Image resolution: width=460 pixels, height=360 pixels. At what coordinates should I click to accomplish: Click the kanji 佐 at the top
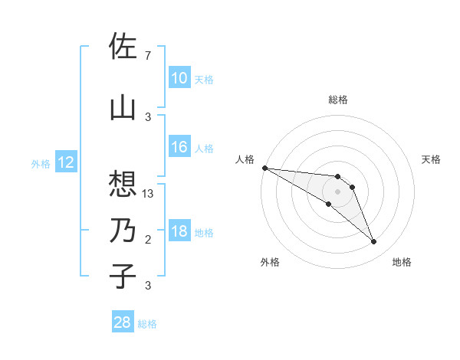click(x=123, y=46)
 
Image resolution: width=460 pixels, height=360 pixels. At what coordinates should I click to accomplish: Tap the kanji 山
click(x=123, y=108)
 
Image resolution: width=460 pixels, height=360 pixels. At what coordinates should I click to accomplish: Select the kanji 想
click(x=123, y=182)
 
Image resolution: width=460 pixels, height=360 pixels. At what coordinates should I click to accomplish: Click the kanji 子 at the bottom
click(x=123, y=276)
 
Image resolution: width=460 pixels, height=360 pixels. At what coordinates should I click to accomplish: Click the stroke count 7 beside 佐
click(x=147, y=56)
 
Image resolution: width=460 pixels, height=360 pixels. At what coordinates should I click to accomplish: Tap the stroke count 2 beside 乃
click(x=147, y=240)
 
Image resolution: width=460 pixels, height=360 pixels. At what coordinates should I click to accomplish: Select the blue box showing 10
click(x=179, y=78)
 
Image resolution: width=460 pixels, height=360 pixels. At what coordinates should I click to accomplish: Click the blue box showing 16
click(x=179, y=147)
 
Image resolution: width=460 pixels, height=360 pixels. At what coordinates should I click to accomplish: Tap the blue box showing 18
click(x=179, y=232)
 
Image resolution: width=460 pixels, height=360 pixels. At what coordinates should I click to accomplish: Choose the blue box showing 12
click(x=66, y=162)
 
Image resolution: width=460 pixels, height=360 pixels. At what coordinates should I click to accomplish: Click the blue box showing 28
click(x=123, y=323)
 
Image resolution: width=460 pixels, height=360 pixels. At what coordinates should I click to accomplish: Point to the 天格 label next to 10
click(x=204, y=79)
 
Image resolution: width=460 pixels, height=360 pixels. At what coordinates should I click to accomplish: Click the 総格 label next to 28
click(x=147, y=324)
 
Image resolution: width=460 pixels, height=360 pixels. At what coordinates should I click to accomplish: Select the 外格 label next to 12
click(x=41, y=163)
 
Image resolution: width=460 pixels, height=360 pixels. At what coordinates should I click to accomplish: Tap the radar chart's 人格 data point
click(x=264, y=168)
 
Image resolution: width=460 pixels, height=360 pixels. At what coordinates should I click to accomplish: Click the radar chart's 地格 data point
click(x=374, y=242)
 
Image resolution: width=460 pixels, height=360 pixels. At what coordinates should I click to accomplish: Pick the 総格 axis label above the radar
click(x=337, y=100)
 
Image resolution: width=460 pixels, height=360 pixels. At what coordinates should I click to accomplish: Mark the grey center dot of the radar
click(x=337, y=191)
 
